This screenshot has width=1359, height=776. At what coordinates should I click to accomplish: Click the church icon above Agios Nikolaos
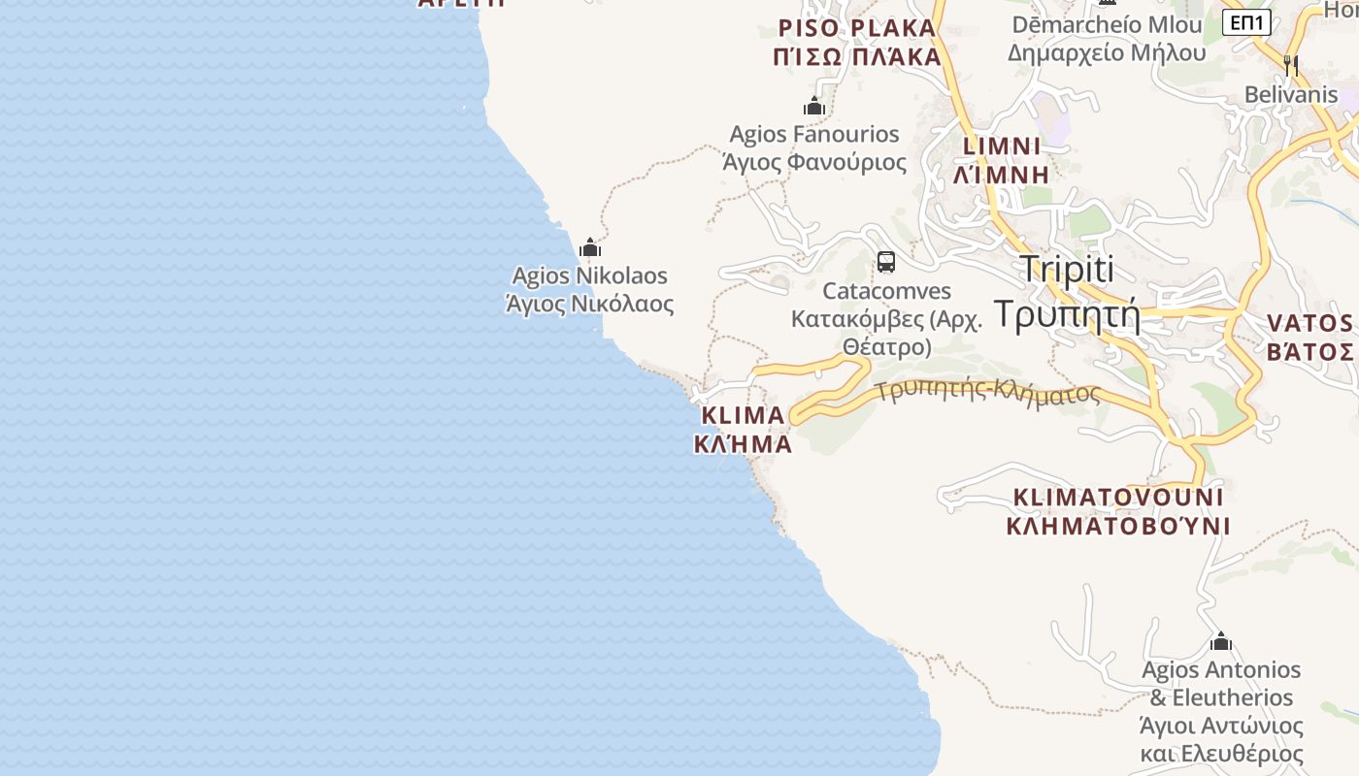coord(589,247)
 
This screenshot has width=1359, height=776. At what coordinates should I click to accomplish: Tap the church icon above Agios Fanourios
coord(814,105)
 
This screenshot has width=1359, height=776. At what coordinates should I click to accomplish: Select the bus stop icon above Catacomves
coord(885,261)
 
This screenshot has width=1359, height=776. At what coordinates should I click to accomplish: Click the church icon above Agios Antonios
coord(1221,641)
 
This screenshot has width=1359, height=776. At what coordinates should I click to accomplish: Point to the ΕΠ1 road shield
coord(1246,21)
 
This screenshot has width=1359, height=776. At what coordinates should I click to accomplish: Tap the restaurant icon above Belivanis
coord(1291,66)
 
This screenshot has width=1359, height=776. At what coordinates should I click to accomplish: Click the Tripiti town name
coord(1067,270)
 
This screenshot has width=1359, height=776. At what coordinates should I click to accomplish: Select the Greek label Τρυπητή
coord(1067,314)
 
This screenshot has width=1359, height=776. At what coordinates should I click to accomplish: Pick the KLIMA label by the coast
coord(743,415)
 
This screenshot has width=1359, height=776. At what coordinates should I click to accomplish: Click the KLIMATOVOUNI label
coord(1118,498)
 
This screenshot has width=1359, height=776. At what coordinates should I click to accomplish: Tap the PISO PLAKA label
coord(857,27)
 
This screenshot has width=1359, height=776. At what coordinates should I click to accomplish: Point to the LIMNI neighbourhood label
coord(1002,146)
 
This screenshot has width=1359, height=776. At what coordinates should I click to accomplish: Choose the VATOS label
coord(1309,323)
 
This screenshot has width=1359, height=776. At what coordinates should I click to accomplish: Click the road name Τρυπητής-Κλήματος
coord(987,392)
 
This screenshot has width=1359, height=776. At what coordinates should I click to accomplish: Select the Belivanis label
coord(1291,95)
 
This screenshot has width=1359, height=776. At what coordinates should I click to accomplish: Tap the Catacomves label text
coord(886,291)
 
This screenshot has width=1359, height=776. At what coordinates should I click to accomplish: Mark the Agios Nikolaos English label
coord(589,276)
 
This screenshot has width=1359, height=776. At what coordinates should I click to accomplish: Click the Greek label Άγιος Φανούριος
coord(814,162)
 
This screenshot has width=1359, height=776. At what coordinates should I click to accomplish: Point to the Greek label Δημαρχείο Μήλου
coord(1107,52)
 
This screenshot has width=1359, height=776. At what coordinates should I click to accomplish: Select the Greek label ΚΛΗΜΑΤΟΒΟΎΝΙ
coord(1118,527)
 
